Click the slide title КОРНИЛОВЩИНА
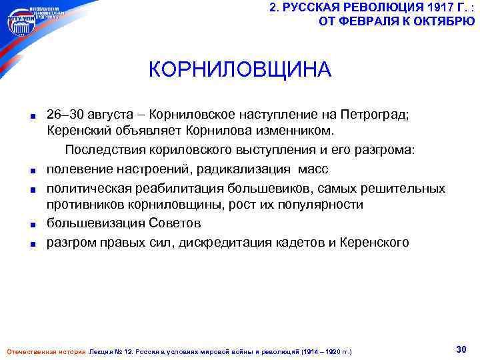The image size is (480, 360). click(x=240, y=69)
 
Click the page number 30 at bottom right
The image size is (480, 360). click(x=460, y=349)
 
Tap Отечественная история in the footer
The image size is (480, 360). click(x=45, y=351)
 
